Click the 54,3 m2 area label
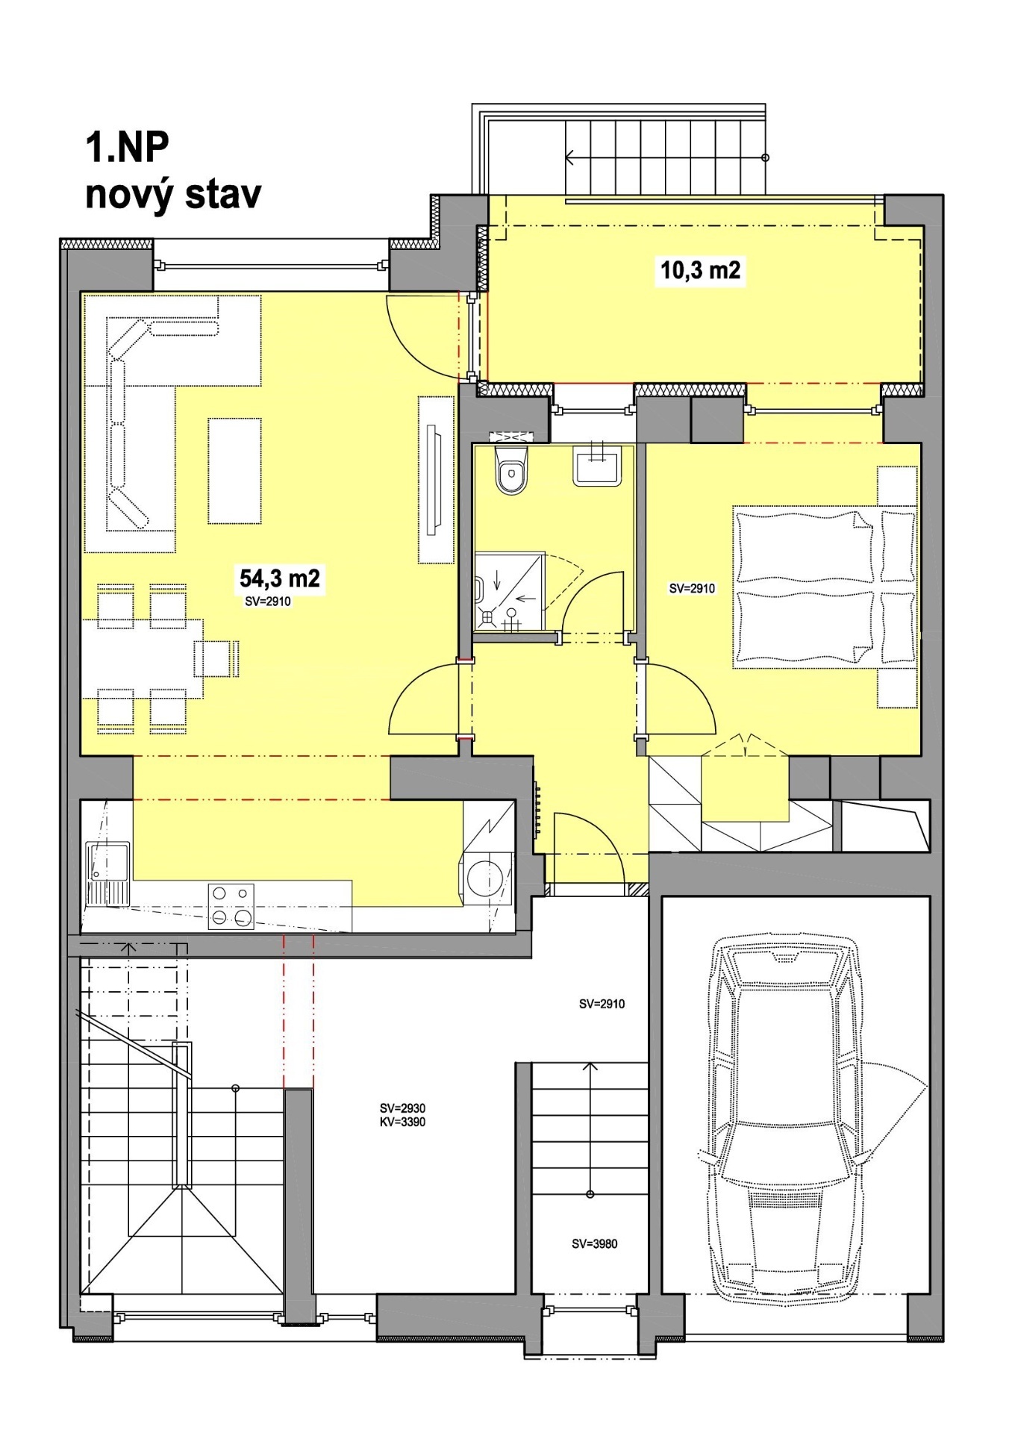coord(279,578)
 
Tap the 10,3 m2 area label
coord(700,269)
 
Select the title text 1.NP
coord(128,147)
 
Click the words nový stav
coord(173,195)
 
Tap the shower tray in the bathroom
coord(510,592)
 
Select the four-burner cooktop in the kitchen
coord(231,906)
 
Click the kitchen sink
coord(107,874)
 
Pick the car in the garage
coord(786,1120)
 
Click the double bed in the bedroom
coord(825,587)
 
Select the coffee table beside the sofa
coord(234,471)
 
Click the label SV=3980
coord(595,1243)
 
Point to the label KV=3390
coord(402,1122)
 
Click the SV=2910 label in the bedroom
coord(692,588)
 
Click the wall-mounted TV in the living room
coord(433,479)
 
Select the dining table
coord(142,658)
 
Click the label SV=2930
coord(402,1108)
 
